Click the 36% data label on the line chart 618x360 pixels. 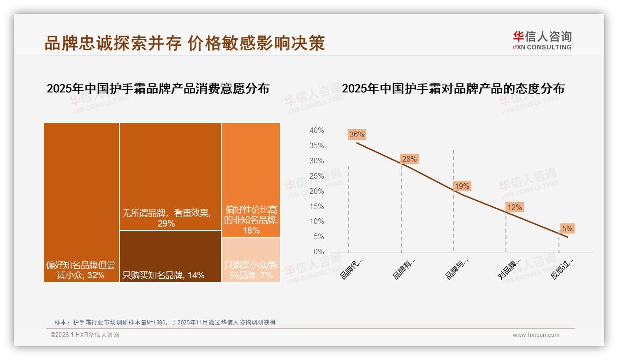pos(357,135)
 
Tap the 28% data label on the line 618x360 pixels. pos(409,159)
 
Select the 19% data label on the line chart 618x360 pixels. pos(462,186)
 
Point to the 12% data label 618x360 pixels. pos(514,208)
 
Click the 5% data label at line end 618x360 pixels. pos(567,228)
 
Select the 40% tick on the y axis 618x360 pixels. pos(316,131)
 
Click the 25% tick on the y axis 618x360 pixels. pos(316,176)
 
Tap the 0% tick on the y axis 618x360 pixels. pos(318,252)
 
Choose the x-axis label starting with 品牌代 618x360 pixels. pos(352,269)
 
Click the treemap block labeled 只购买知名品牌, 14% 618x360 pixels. pos(170,256)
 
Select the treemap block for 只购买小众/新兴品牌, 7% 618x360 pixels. pos(251,260)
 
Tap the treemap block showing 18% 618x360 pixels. pos(251,180)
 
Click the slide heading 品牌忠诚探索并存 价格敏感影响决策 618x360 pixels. pos(184,43)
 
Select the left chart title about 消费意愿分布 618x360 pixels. pos(158,89)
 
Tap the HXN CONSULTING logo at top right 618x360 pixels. pos(542,41)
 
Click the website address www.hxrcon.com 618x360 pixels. pos(536,335)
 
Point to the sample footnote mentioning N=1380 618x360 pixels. pos(165,322)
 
